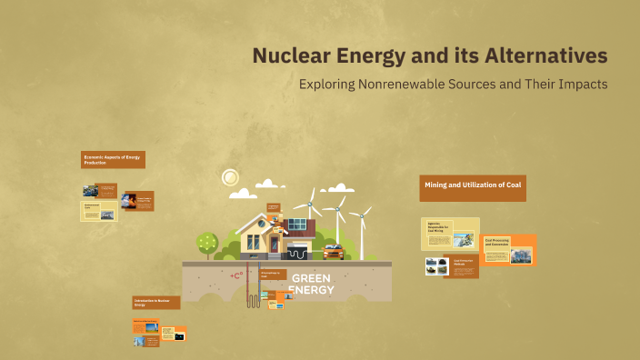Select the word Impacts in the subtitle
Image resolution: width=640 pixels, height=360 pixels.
583,84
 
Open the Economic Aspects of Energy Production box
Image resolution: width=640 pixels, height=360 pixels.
113,159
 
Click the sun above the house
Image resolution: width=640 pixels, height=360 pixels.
230,176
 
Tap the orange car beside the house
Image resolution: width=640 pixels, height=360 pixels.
333,250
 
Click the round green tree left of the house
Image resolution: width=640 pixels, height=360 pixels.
207,242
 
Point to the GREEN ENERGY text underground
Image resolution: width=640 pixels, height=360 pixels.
311,284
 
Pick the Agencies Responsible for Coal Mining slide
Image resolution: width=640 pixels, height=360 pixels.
450,234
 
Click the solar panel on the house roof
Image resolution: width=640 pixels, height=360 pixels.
297,224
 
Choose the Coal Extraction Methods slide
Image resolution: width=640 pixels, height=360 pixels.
461,267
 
